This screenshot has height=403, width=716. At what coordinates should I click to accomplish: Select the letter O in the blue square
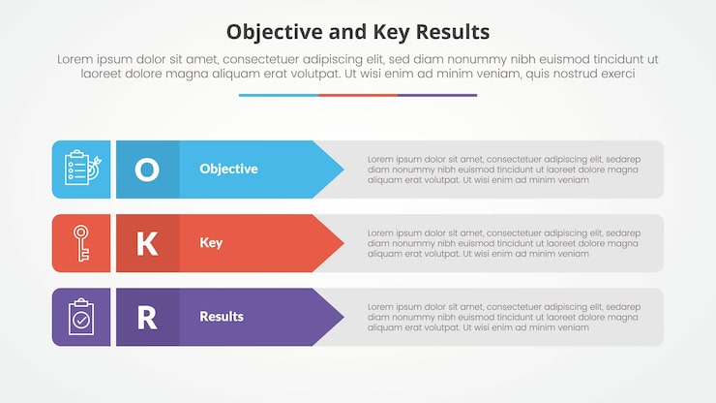147,170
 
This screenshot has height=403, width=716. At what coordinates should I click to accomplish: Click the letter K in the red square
147,243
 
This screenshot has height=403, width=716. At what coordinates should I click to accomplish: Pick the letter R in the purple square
147,317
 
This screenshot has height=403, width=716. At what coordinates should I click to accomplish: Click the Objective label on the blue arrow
228,169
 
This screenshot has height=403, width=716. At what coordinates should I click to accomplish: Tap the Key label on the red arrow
211,242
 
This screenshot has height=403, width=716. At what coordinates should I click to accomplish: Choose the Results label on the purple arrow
222,316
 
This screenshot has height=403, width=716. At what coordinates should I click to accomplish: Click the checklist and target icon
81,169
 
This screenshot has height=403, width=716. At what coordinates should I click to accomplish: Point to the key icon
81,243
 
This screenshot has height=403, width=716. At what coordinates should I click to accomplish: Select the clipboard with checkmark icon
81,317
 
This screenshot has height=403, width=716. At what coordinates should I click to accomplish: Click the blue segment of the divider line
279,95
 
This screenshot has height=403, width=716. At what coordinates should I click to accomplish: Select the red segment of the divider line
358,95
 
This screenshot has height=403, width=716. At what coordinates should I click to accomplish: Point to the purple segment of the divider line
437,95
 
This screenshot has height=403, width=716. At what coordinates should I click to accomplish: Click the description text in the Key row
503,243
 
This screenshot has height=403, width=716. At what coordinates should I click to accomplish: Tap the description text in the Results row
503,317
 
